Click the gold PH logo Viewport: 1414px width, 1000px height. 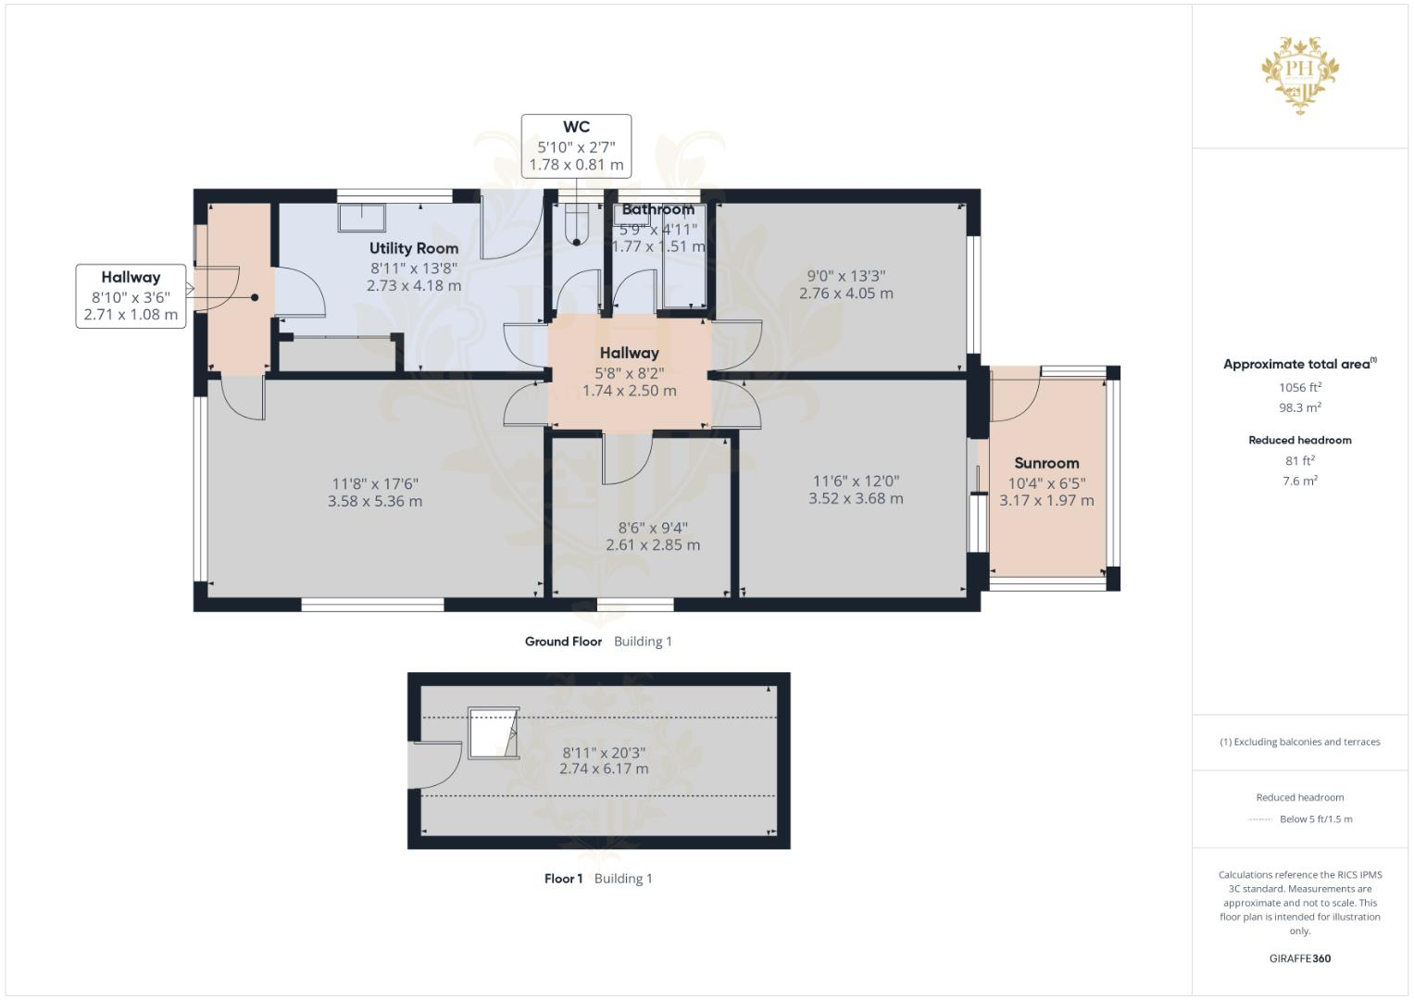[x=1300, y=74]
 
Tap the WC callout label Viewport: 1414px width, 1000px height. [x=576, y=128]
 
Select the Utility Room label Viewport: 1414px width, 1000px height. [x=414, y=248]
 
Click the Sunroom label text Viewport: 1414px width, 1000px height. [x=1046, y=463]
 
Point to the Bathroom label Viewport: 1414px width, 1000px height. [x=657, y=209]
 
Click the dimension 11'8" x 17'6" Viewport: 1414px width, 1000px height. [x=375, y=483]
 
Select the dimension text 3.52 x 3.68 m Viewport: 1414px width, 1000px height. [x=856, y=498]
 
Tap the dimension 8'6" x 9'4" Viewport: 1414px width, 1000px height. [x=653, y=528]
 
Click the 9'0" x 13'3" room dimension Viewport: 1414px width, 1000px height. [x=846, y=276]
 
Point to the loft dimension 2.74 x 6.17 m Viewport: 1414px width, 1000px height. [x=604, y=769]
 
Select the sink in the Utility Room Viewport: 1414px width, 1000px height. [x=362, y=218]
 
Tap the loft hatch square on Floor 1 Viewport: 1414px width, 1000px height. [x=492, y=732]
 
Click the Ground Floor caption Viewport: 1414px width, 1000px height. [x=563, y=642]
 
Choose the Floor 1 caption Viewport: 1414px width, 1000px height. [x=563, y=879]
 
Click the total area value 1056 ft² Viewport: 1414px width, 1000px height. [x=1300, y=387]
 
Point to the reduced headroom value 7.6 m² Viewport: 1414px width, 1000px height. [x=1300, y=481]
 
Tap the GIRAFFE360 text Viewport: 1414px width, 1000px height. [x=1300, y=958]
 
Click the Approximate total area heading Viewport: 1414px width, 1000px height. [x=1298, y=364]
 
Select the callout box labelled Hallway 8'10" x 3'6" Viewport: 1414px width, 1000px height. [x=131, y=295]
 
